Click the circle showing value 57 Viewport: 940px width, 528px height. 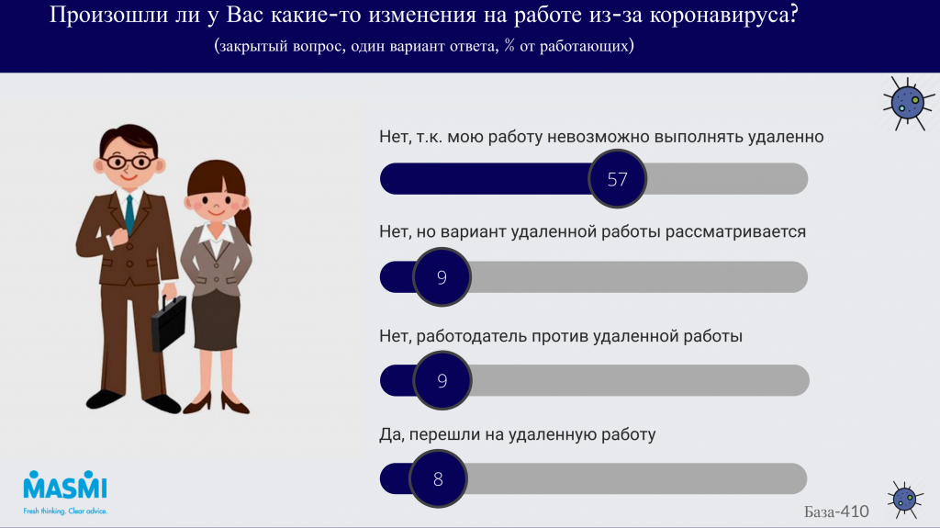617,179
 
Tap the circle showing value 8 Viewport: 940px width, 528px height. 438,478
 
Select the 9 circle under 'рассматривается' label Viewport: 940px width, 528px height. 442,277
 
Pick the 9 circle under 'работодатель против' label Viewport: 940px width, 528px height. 442,380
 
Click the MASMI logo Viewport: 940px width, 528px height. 65,486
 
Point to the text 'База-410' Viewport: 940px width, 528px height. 836,511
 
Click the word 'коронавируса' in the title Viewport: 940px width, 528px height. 723,15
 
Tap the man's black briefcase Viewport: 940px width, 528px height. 169,323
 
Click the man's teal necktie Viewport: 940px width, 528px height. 129,214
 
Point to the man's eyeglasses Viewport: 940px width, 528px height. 129,162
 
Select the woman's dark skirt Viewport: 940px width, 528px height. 217,320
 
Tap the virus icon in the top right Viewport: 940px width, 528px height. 908,103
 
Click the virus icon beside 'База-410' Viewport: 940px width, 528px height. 904,500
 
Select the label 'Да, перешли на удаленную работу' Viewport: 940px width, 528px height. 518,434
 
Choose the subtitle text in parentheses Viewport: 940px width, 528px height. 424,46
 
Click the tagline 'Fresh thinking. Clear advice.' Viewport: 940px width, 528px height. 65,511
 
